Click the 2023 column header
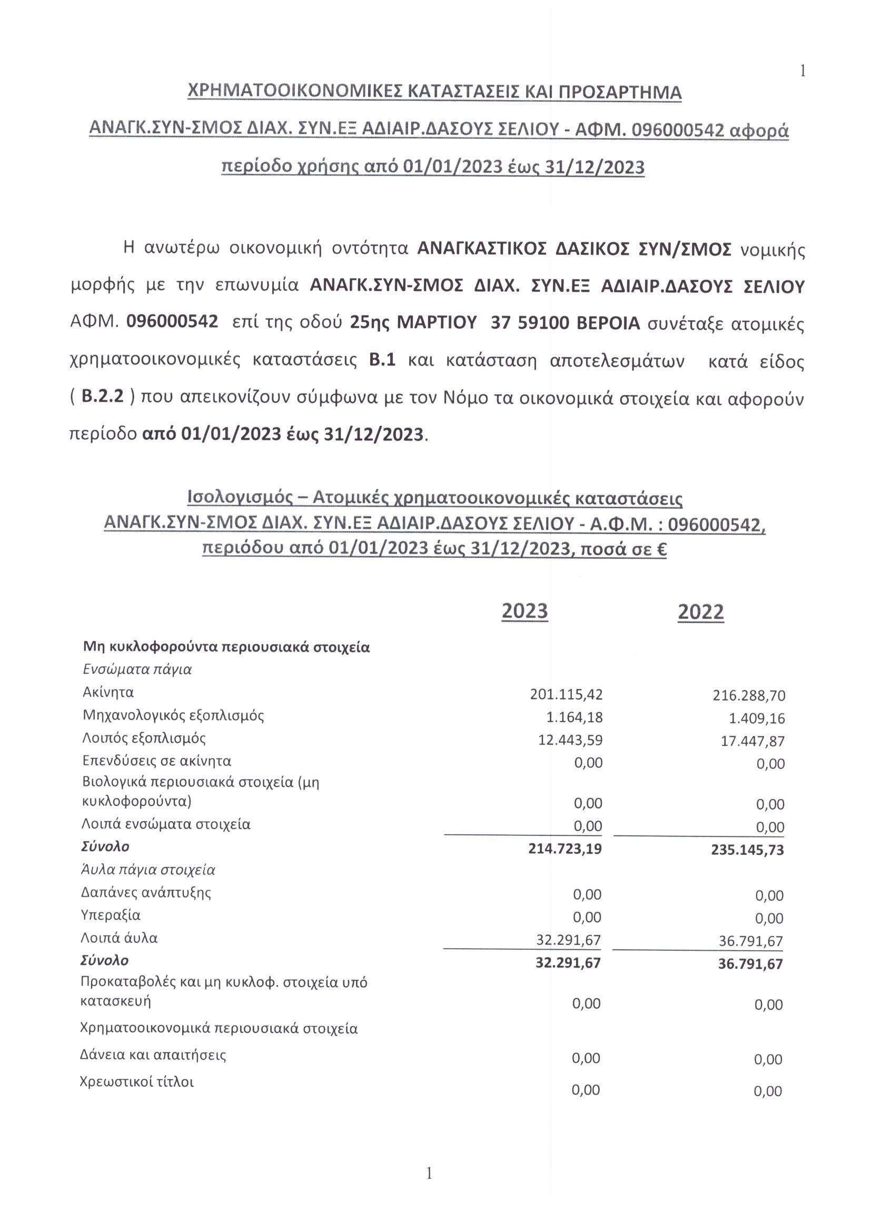tap(524, 611)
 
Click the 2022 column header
tap(700, 612)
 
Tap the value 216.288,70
tap(749, 696)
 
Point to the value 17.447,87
tap(753, 742)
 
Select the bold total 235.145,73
tap(748, 850)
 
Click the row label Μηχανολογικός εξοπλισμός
tap(173, 715)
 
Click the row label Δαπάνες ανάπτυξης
tap(146, 892)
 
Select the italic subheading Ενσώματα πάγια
tap(137, 669)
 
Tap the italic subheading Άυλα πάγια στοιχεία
tap(148, 869)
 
